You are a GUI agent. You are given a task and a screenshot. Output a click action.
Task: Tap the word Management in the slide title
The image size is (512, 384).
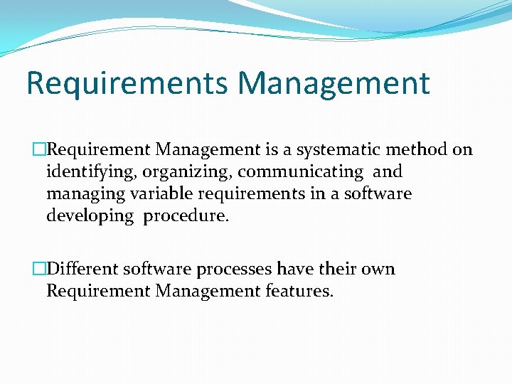[x=334, y=82]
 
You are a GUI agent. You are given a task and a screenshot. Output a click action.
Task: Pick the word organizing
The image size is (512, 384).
[x=187, y=171]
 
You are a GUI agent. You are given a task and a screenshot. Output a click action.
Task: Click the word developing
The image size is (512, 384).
[x=90, y=215]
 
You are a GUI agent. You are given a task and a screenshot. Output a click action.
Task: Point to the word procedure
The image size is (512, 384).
[x=186, y=215]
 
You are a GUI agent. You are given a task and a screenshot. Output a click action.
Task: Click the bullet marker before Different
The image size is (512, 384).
[x=38, y=269]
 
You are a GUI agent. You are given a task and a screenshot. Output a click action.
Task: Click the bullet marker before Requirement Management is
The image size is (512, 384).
[x=38, y=149]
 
